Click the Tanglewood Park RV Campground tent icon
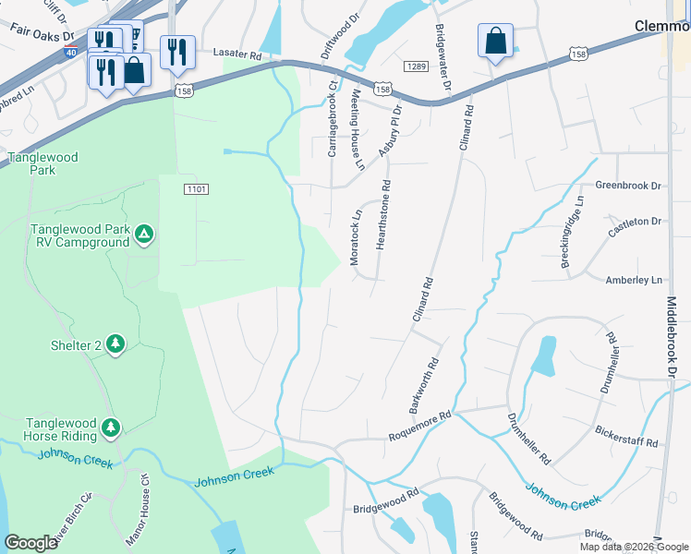[x=143, y=235]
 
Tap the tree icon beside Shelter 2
[x=115, y=344]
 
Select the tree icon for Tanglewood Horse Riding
[x=111, y=428]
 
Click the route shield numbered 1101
[x=196, y=188]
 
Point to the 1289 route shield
[x=417, y=66]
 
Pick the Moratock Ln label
[x=357, y=238]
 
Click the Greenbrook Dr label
[x=629, y=186]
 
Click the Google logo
[x=31, y=544]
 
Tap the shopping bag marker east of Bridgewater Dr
[x=496, y=42]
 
